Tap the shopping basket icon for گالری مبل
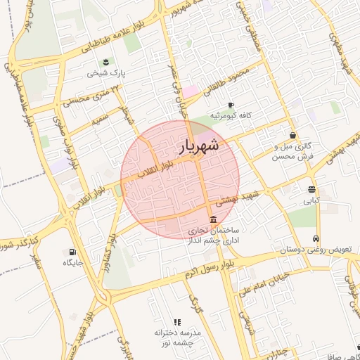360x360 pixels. (292, 136)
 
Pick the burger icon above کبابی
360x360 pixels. (311, 189)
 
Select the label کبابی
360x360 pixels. (311, 200)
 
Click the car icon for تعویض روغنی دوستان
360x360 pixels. (317, 238)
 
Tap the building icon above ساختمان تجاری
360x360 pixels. (214, 219)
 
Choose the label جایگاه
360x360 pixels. (73, 263)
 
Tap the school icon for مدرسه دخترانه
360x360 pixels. (177, 321)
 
